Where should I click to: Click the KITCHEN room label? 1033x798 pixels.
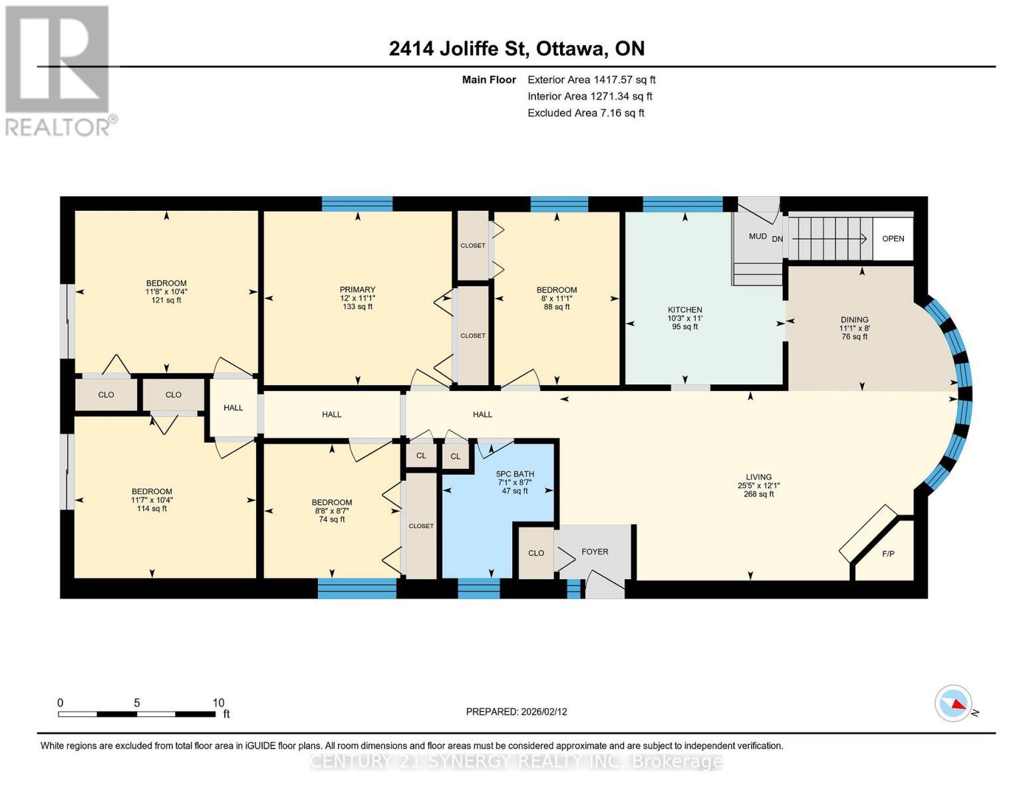[x=684, y=310]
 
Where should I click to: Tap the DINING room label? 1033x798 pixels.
[x=854, y=320]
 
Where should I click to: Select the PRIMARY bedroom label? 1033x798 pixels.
[x=357, y=290]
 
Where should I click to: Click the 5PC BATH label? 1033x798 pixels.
[x=515, y=474]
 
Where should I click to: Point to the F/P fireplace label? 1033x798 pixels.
[x=887, y=553]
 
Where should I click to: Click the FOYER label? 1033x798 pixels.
[x=594, y=552]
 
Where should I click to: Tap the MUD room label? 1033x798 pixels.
[x=757, y=236]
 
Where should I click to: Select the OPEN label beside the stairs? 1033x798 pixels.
[x=893, y=239]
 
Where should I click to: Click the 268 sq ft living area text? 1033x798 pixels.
[x=758, y=494]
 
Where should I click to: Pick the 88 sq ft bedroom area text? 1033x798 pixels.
[x=556, y=307]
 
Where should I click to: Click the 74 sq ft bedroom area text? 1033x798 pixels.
[x=331, y=519]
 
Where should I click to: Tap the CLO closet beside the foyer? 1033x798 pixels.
[x=535, y=553]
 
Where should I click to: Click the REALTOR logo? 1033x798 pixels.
[x=59, y=70]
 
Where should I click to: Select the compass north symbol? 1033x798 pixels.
[x=953, y=703]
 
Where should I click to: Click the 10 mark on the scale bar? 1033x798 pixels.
[x=218, y=703]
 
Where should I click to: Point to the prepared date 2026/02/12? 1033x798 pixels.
[x=516, y=712]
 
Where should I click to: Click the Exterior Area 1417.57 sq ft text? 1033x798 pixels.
[x=591, y=80]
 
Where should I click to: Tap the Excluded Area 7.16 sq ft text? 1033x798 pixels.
[x=585, y=113]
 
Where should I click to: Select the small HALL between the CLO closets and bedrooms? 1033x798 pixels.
[x=233, y=408]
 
